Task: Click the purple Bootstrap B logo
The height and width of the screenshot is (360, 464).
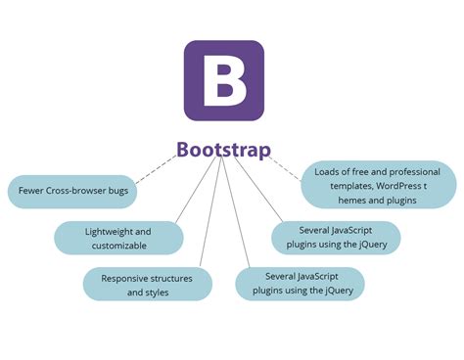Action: pos(224,81)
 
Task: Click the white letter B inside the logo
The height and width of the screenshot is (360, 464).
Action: pos(224,81)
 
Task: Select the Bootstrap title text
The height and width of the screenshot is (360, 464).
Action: pos(224,150)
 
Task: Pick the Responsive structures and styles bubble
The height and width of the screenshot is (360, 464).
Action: pos(147,286)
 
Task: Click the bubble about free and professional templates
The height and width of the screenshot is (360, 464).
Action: pos(377,185)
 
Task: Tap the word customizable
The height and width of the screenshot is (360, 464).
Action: pos(119,246)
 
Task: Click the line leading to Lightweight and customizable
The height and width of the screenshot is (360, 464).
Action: pos(196,191)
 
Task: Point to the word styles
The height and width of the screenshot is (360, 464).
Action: pos(156,292)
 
